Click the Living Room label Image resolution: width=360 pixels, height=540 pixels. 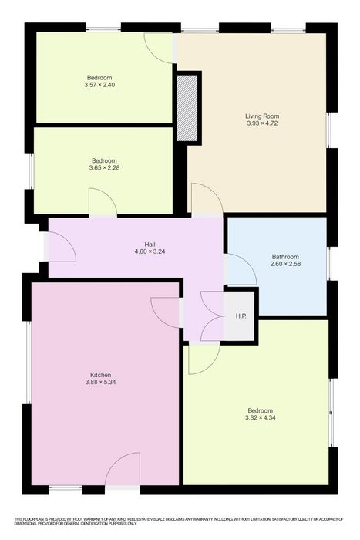coord(262,116)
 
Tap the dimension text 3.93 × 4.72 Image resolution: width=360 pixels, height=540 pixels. coord(262,123)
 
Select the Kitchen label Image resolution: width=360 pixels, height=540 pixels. coord(100,375)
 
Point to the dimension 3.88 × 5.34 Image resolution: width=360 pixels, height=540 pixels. coord(100,382)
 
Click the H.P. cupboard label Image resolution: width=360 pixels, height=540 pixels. coord(241,316)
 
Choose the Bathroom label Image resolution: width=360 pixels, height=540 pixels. coord(285,257)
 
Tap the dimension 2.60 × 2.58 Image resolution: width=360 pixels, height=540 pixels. coord(285,264)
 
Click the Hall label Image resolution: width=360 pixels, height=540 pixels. coord(150,245)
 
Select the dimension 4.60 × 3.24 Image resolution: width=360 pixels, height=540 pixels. coord(150,251)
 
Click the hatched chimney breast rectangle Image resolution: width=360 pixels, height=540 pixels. coord(187,108)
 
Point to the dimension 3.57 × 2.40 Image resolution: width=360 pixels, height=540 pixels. coord(99,85)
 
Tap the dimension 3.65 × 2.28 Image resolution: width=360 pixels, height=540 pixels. coord(104,167)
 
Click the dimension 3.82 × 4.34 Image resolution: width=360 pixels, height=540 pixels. coord(261,418)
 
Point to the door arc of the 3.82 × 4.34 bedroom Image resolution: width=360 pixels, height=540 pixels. coord(212,366)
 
